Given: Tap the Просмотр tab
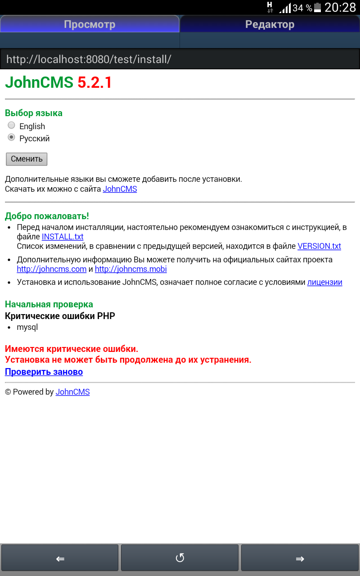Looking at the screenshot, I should (x=90, y=24).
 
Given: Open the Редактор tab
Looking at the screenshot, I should (x=270, y=24).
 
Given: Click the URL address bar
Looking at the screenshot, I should (x=180, y=59).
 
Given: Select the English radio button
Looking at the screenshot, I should (x=12, y=126).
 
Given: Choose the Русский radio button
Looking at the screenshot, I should (x=12, y=138).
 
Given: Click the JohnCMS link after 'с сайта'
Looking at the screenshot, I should (x=120, y=189).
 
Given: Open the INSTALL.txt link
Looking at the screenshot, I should (x=63, y=237).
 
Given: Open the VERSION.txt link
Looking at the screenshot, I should (x=319, y=246).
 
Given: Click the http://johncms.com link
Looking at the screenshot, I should (x=51, y=269).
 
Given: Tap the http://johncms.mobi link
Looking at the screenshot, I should (x=130, y=269).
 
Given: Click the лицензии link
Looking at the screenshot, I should (x=324, y=282).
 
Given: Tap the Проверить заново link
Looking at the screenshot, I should (x=44, y=372).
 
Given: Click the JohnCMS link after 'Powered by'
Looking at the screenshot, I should (x=72, y=392).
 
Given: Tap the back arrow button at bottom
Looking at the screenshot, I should (x=60, y=558).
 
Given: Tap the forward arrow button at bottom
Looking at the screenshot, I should (x=300, y=558).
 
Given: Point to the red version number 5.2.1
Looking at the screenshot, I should (x=94, y=83).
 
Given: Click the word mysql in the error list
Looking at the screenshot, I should (x=27, y=327).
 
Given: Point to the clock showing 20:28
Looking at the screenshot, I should (x=340, y=8).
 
